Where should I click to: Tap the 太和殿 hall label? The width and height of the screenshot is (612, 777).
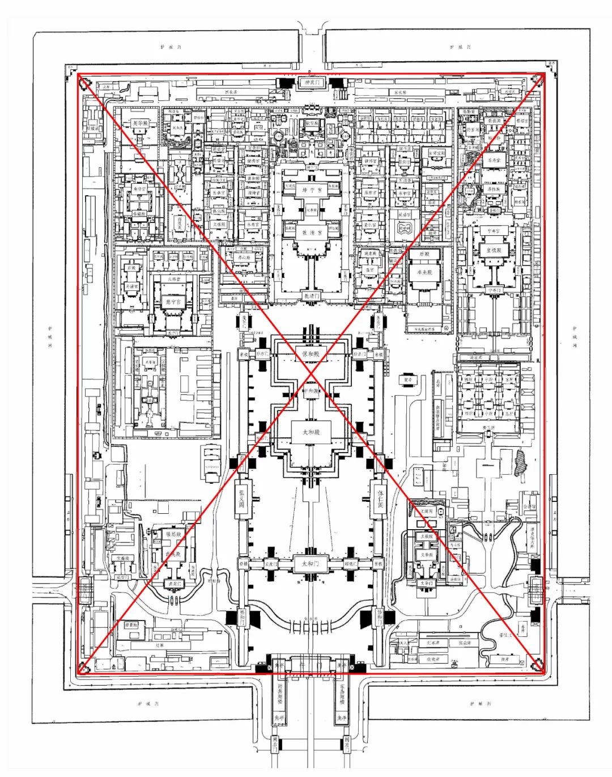click(x=311, y=432)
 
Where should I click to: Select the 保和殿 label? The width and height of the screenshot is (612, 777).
click(x=311, y=354)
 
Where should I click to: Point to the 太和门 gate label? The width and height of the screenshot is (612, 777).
click(x=311, y=564)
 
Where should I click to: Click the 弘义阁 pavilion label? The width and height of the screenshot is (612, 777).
click(x=242, y=497)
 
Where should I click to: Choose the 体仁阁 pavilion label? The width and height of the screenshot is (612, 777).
click(x=380, y=497)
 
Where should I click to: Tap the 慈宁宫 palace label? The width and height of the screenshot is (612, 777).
click(x=173, y=302)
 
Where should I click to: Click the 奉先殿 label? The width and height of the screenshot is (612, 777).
click(x=424, y=273)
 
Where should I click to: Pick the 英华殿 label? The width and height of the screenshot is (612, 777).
click(x=140, y=123)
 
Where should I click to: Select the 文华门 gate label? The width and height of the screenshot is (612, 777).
click(x=426, y=583)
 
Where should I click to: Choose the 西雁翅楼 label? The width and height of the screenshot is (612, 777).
click(x=280, y=695)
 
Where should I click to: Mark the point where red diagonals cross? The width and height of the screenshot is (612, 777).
click(x=311, y=373)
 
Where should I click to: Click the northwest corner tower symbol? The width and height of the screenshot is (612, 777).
click(x=84, y=83)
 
